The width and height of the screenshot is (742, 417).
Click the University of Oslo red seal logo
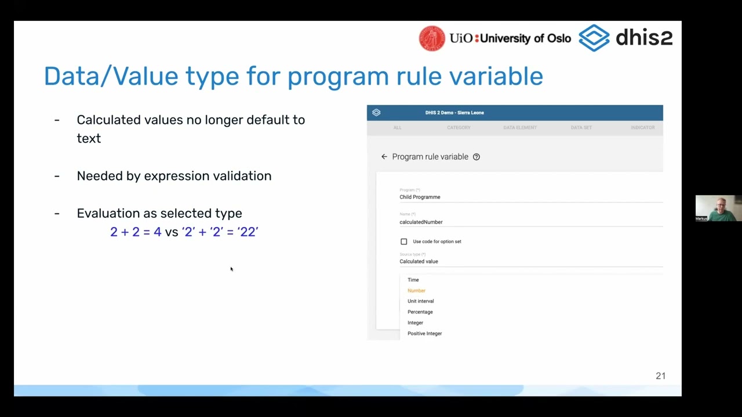tap(432, 38)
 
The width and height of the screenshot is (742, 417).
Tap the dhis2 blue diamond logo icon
tap(594, 38)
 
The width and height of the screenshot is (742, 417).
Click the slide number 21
tap(660, 376)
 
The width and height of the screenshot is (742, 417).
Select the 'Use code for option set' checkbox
tap(404, 242)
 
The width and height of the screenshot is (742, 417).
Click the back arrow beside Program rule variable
tap(384, 157)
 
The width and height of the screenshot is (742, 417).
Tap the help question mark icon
tap(477, 157)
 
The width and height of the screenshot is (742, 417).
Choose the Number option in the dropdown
tap(416, 291)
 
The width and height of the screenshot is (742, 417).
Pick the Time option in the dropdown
tap(413, 280)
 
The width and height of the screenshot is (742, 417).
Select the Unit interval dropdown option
tap(420, 301)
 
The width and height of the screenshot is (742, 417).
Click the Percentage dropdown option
tap(420, 312)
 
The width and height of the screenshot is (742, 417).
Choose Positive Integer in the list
tap(424, 334)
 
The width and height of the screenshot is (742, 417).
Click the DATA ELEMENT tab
tap(520, 127)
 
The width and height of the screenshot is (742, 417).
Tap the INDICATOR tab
tap(642, 127)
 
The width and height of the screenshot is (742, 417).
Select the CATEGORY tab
tap(459, 127)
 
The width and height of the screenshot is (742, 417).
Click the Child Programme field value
tap(420, 197)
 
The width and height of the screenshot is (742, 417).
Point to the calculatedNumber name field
tap(421, 222)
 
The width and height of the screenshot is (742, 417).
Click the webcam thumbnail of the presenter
tap(718, 209)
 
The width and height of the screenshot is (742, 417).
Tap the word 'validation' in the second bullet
tap(242, 176)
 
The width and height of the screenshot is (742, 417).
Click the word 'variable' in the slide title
tap(494, 76)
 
